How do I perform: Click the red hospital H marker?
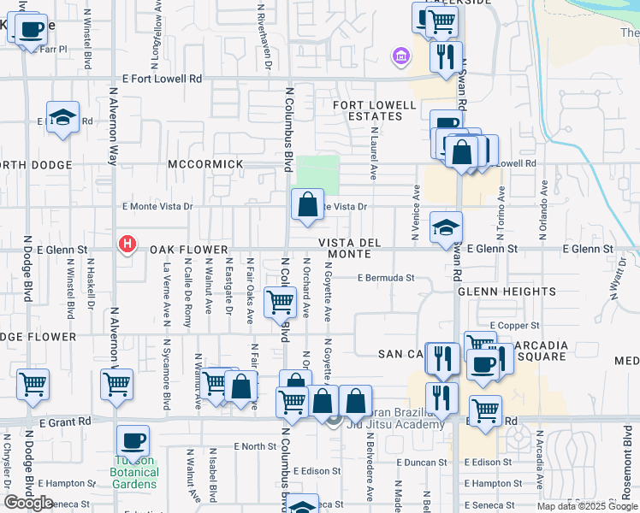pyautogui.click(x=127, y=245)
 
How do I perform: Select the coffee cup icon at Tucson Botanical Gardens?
pyautogui.click(x=133, y=441)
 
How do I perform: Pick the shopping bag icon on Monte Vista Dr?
pyautogui.click(x=307, y=204)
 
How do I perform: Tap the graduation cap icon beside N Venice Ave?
pyautogui.click(x=446, y=227)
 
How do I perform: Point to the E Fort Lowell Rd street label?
pyautogui.click(x=162, y=79)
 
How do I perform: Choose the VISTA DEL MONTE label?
pyautogui.click(x=350, y=248)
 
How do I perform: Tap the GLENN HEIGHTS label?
pyautogui.click(x=495, y=292)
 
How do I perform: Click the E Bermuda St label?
pyautogui.click(x=386, y=278)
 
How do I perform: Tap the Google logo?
pyautogui.click(x=28, y=503)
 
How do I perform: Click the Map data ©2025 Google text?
pyautogui.click(x=587, y=506)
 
